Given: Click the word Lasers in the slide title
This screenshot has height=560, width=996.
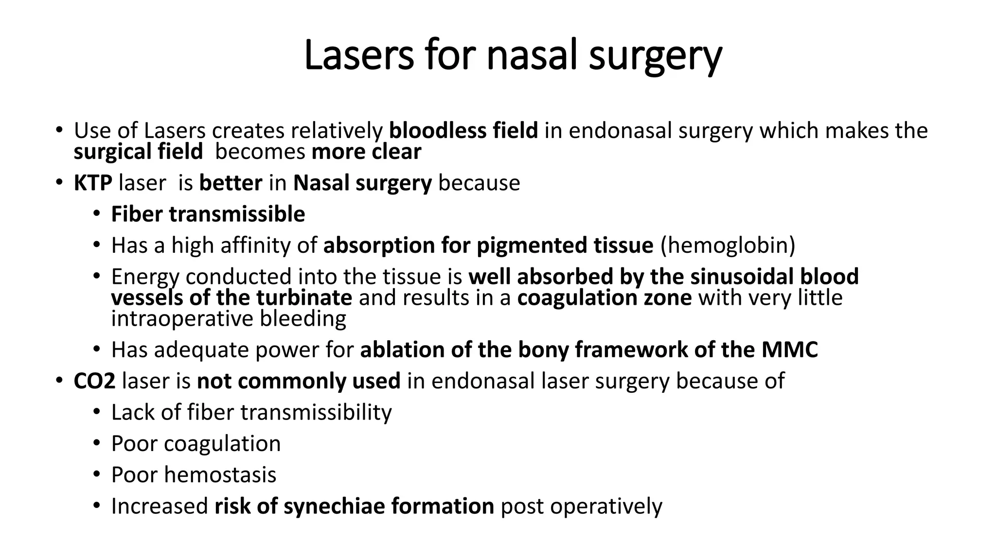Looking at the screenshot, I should tap(358, 55).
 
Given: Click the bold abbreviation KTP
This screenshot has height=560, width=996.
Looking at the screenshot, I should tap(93, 183).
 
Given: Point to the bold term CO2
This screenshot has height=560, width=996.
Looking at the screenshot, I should tap(94, 381).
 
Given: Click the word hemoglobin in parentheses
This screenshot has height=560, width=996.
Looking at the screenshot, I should tap(728, 245).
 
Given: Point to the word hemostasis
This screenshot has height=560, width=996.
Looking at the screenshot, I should tap(220, 475).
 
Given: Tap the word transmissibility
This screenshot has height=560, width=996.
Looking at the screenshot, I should tap(316, 413).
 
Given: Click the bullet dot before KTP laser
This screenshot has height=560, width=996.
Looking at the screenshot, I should tap(59, 183).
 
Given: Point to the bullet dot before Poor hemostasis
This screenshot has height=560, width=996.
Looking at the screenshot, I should tap(96, 474).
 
